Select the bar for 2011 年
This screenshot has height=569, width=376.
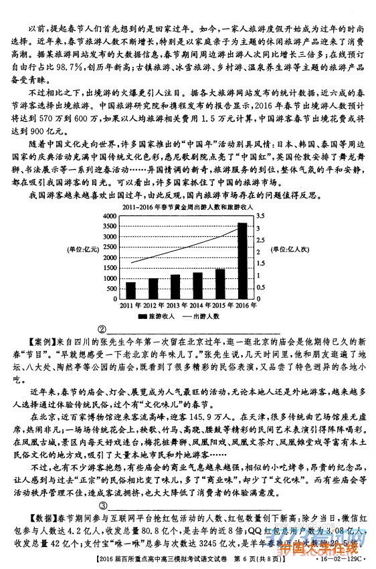click(x=130, y=291)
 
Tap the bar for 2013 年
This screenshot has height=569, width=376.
click(x=175, y=287)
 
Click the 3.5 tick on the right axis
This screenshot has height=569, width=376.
click(x=260, y=216)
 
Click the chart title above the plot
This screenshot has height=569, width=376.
click(x=181, y=209)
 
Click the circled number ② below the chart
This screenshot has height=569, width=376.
click(x=102, y=329)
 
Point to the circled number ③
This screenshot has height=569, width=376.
click(x=102, y=505)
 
